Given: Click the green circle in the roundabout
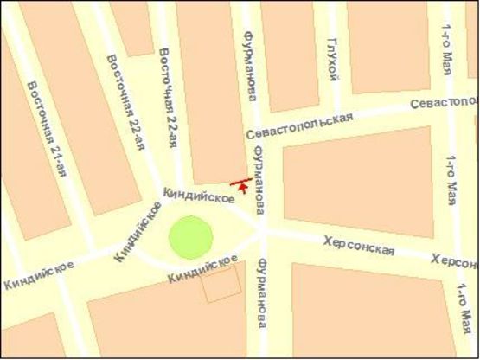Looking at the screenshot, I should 190,237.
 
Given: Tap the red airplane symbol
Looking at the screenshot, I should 242,183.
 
